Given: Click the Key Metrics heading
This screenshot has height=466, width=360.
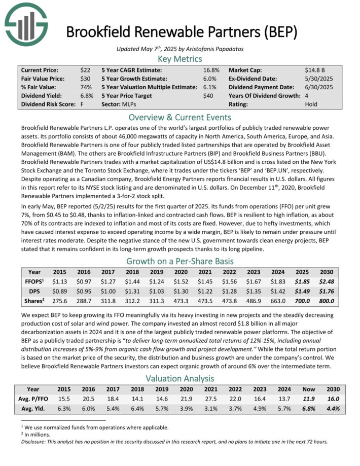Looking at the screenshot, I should [179, 59].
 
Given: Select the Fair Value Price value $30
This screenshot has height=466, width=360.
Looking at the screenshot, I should [85, 79].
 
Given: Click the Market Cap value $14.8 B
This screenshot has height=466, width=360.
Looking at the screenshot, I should [315, 70].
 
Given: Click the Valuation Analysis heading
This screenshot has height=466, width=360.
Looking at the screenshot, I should [179, 379].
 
